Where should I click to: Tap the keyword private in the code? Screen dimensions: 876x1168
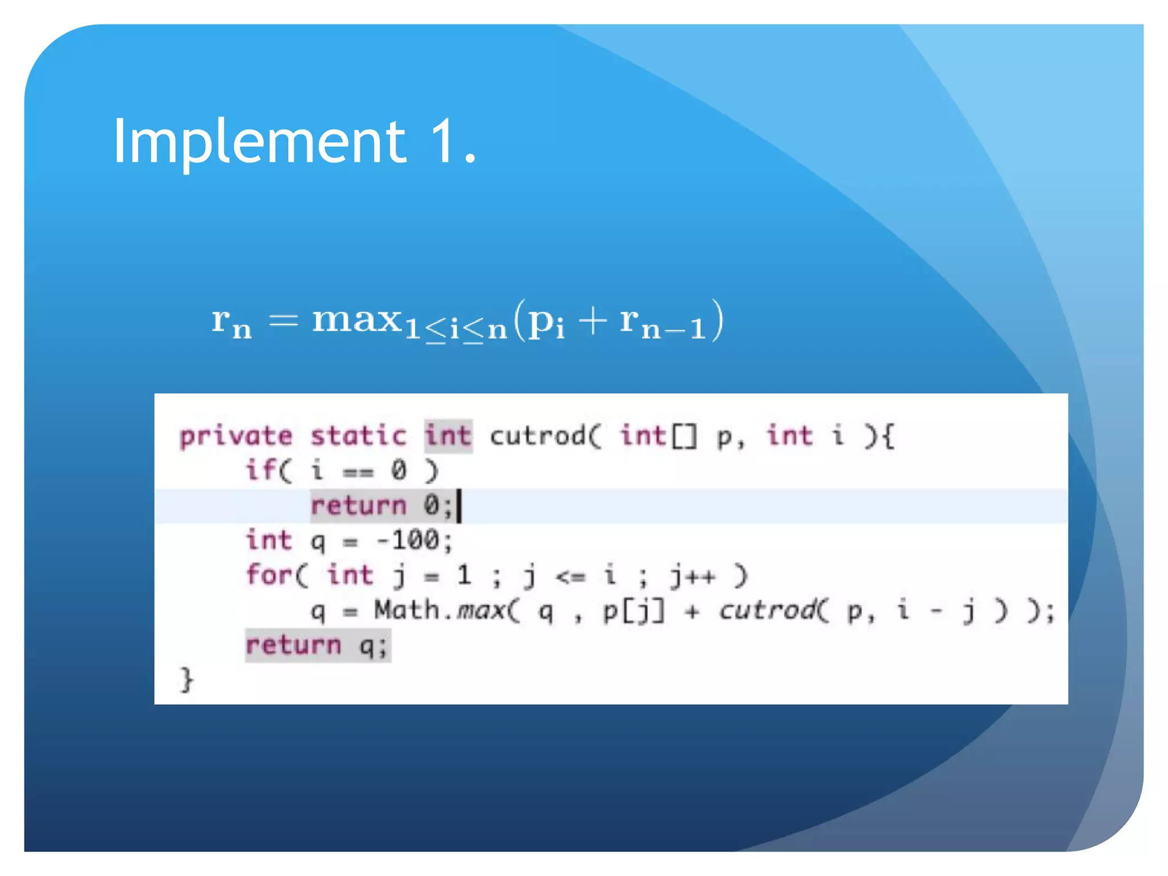pos(236,437)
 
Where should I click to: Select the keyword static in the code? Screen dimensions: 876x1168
pos(358,437)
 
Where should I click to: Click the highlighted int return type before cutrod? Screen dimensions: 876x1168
pos(448,436)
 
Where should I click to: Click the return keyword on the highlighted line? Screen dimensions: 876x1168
pos(358,506)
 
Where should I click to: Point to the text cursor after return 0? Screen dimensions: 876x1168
pos(459,506)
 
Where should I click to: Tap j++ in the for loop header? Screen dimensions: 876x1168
pos(692,576)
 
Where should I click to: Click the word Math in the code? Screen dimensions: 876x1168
pos(407,610)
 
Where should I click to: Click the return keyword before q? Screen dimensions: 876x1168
pos(293,646)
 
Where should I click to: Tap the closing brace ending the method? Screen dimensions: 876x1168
pos(186,680)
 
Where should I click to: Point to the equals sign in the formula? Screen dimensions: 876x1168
pos(283,321)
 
